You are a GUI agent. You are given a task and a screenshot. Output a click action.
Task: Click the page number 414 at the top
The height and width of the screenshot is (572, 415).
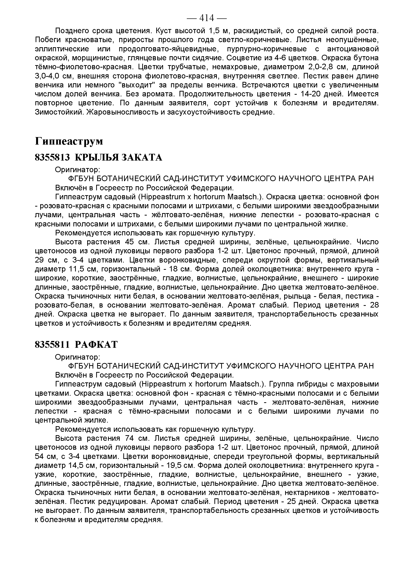tap(207, 18)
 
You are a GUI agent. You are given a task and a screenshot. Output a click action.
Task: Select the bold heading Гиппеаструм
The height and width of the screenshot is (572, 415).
tap(69, 141)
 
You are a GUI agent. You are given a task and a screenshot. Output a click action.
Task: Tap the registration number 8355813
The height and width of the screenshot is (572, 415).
tap(52, 157)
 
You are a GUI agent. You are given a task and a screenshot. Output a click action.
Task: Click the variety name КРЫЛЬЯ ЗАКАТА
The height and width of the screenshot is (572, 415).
tap(118, 157)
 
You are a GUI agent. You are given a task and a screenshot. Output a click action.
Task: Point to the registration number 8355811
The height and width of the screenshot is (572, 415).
tap(52, 345)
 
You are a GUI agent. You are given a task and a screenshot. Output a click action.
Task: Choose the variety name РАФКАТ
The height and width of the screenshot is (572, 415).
tap(96, 345)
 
